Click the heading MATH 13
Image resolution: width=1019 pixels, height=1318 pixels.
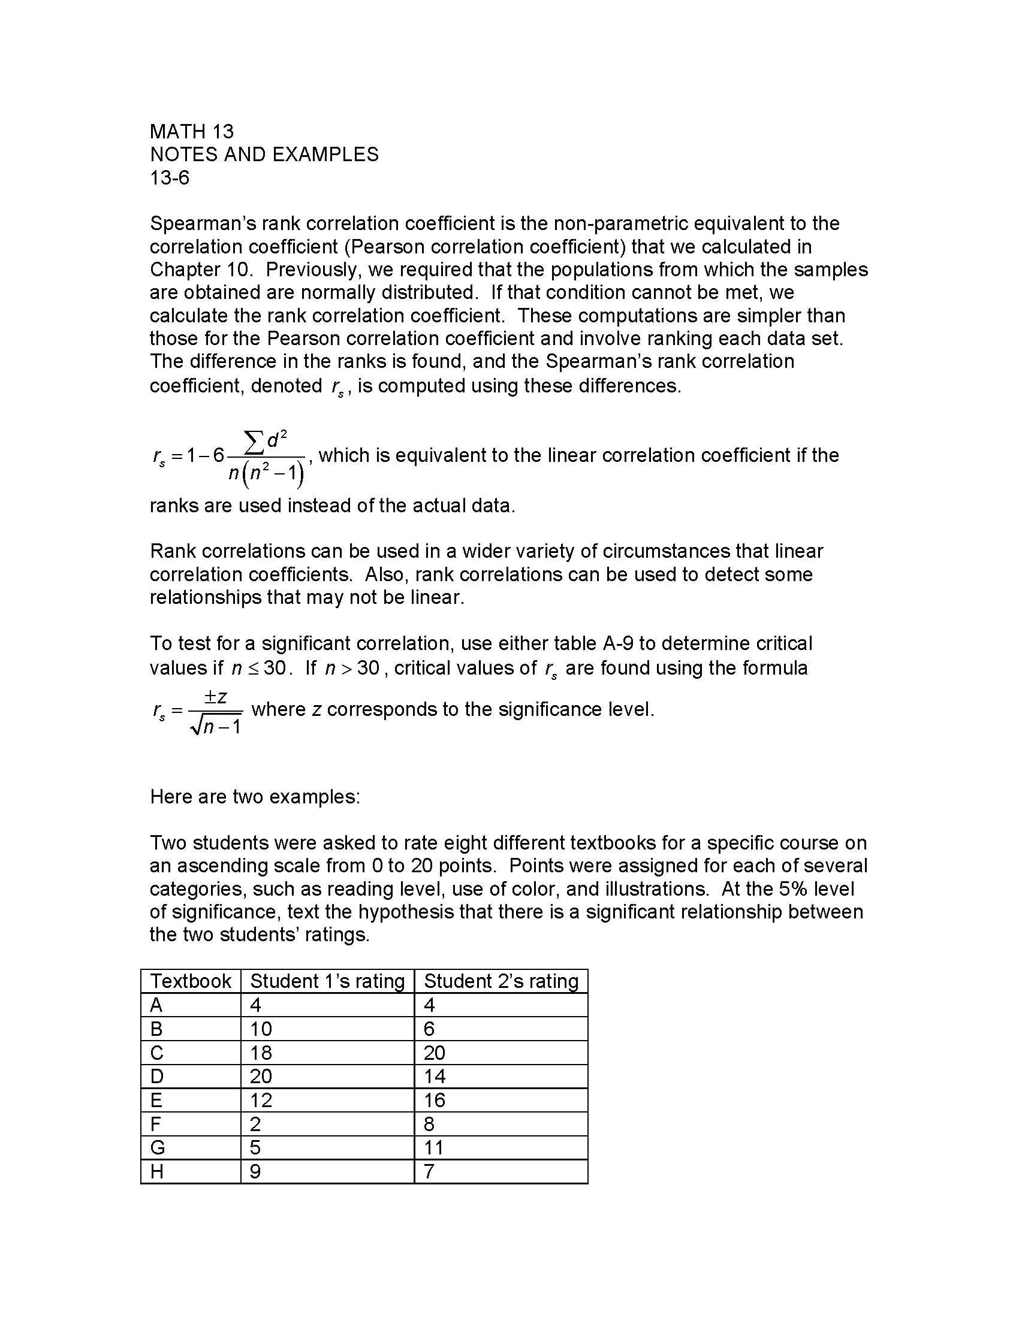pos(191,132)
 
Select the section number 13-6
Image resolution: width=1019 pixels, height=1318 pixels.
pos(170,177)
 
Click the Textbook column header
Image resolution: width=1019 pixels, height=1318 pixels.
pos(190,981)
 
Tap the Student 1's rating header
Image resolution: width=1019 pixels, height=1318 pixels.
pos(327,981)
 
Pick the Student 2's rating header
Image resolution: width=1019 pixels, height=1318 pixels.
pos(501,981)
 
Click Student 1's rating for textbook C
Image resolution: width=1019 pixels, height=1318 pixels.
pos(261,1053)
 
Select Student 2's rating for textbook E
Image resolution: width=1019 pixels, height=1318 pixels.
pos(434,1100)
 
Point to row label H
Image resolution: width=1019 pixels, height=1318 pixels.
pos(156,1171)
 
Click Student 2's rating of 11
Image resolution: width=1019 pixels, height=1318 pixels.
pos(433,1147)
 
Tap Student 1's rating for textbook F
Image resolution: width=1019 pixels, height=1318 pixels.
pos(255,1124)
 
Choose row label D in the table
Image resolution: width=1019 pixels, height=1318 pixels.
pos(156,1076)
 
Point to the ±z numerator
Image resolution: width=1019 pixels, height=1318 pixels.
pos(215,696)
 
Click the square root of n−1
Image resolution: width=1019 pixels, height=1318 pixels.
pos(216,727)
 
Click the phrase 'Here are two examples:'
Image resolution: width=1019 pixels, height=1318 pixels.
pos(255,797)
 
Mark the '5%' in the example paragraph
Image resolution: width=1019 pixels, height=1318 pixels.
pos(791,889)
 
